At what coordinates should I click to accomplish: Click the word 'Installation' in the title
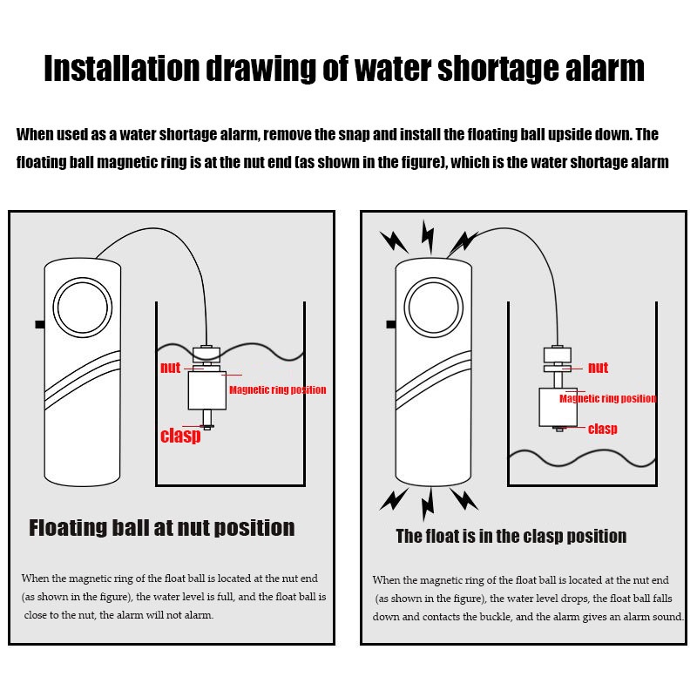pyautogui.click(x=121, y=69)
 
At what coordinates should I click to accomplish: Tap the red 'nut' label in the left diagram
pyautogui.click(x=170, y=368)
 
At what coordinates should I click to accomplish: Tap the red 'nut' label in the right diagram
pyautogui.click(x=598, y=368)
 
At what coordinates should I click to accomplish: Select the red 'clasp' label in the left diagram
pyautogui.click(x=180, y=436)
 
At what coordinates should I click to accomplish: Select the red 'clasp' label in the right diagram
pyautogui.click(x=602, y=429)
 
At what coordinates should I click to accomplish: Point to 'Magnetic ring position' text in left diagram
pyautogui.click(x=277, y=389)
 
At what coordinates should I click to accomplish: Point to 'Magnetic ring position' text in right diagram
pyautogui.click(x=607, y=398)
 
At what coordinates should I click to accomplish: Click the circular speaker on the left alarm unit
pyautogui.click(x=83, y=308)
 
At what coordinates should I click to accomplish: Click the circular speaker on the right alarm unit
pyautogui.click(x=434, y=308)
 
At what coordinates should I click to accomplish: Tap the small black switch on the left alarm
pyautogui.click(x=40, y=324)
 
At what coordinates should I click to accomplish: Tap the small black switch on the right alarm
pyautogui.click(x=391, y=324)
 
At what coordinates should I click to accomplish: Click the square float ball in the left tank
pyautogui.click(x=207, y=390)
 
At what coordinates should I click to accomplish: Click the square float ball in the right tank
pyautogui.click(x=558, y=407)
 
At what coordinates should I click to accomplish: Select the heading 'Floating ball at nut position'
pyautogui.click(x=162, y=528)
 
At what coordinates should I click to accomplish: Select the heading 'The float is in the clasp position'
pyautogui.click(x=511, y=537)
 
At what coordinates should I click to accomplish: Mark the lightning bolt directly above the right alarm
pyautogui.click(x=428, y=237)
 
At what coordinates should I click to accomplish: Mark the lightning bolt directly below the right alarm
pyautogui.click(x=428, y=504)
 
